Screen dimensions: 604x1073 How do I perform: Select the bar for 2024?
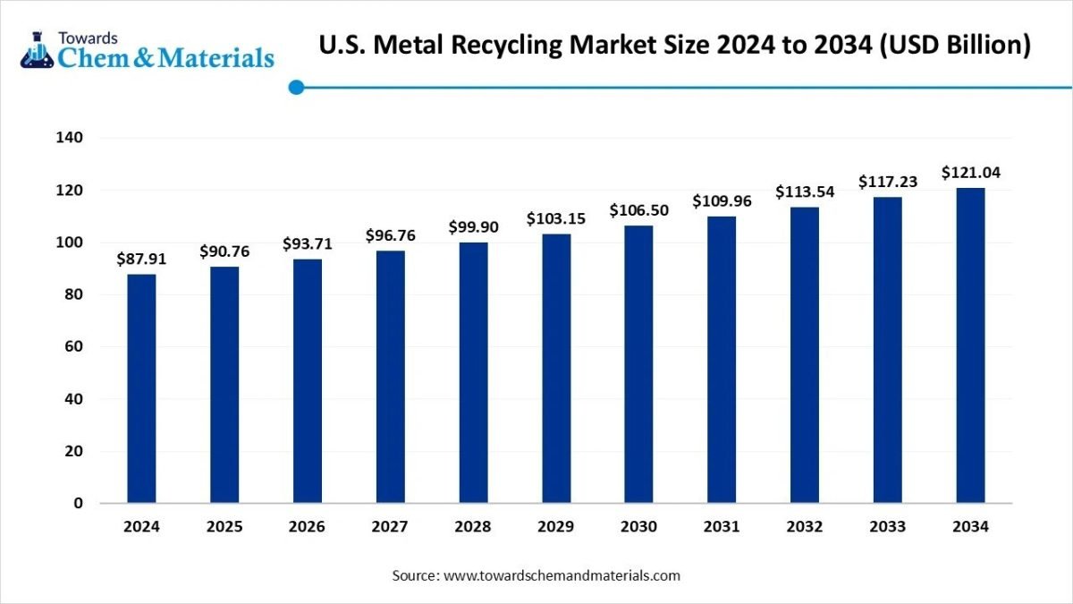click(x=141, y=388)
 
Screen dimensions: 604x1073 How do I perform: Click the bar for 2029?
click(x=556, y=368)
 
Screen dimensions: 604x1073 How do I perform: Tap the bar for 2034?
click(x=970, y=345)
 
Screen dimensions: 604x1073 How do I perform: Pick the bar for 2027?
click(x=390, y=377)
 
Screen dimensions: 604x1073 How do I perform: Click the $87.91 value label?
click(x=141, y=259)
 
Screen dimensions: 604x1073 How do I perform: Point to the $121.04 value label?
click(x=970, y=173)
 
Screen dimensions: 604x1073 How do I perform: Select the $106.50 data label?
click(x=638, y=209)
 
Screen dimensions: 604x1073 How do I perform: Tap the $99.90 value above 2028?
click(x=473, y=226)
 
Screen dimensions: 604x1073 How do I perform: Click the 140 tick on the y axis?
click(x=71, y=138)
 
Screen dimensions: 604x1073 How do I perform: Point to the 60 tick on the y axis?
click(x=74, y=346)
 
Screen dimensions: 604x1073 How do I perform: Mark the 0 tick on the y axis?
click(x=78, y=503)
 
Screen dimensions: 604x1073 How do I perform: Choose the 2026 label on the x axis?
click(x=307, y=527)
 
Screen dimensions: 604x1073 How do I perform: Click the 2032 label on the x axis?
click(x=805, y=527)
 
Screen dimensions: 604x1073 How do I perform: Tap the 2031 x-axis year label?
click(x=722, y=527)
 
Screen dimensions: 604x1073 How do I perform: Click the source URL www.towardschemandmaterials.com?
click(x=562, y=575)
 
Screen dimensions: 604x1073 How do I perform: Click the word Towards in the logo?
click(x=88, y=38)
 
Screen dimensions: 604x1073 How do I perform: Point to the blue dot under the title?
click(x=297, y=87)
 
